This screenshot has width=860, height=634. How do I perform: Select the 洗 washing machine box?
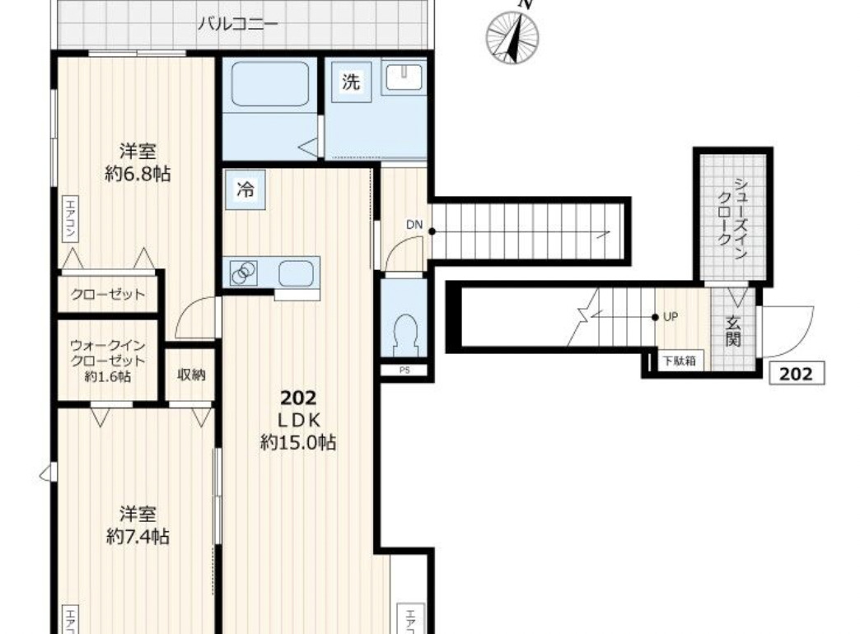coord(351,82)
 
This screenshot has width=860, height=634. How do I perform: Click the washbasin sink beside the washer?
coord(403,77)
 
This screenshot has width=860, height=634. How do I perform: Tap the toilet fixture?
coord(408,333)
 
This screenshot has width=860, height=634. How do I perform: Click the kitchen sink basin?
coord(295,272)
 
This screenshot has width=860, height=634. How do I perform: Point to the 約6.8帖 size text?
coord(138,174)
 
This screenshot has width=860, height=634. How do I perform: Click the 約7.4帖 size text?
coord(138,536)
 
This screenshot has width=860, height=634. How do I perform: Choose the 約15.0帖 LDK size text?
coord(297,442)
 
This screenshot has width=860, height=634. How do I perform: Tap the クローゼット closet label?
coord(108,295)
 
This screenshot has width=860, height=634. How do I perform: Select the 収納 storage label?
coord(191,375)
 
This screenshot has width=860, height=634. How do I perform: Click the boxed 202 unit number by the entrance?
coord(795,374)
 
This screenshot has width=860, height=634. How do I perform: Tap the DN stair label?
coord(414,224)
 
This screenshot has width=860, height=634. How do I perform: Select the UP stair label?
coord(671,316)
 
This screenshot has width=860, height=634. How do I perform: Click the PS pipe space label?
coord(404,370)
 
